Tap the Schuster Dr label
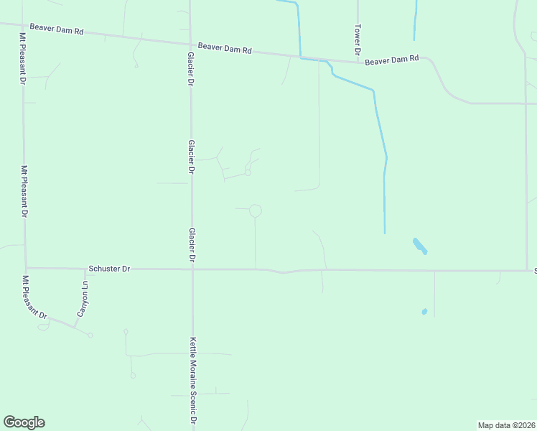pos(109,269)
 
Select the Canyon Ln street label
pos(83,300)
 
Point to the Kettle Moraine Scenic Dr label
pos(193,381)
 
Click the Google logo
pos(24,422)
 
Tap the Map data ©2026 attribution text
pos(506,425)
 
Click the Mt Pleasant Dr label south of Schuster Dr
pos(34,297)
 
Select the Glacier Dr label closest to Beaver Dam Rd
pos(191,68)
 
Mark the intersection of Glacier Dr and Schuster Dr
pos(192,269)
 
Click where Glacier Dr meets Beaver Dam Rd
pos(190,41)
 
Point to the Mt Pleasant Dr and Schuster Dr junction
pos(26,268)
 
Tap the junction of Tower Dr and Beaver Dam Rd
pos(358,62)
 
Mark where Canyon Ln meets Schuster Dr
pos(85,269)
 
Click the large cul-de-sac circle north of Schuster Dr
pos(255,210)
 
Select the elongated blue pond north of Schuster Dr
pos(420,246)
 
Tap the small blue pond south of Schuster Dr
pos(424,312)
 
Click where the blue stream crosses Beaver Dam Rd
pos(300,56)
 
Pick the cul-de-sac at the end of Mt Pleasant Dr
pos(90,335)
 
